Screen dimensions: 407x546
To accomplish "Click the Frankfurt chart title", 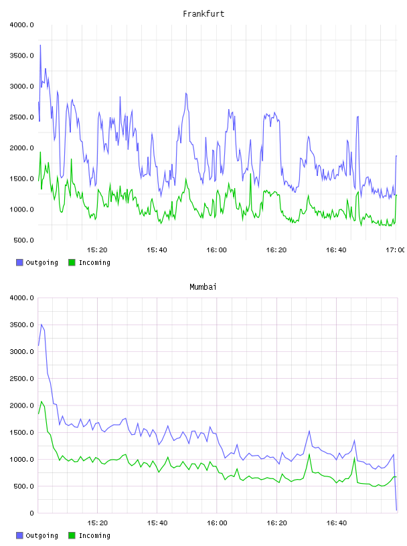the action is pos(203,14).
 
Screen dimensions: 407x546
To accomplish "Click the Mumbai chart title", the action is pos(203,287).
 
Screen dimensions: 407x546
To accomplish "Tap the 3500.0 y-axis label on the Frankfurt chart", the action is pos(22,56).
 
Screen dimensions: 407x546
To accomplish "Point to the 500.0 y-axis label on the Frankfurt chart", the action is pos(23,240).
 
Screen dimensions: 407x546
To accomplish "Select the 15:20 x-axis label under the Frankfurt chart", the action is pos(97,250).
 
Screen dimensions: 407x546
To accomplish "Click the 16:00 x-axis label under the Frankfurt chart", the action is pos(216,250).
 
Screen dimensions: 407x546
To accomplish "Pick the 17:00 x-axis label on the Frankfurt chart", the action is pos(395,250).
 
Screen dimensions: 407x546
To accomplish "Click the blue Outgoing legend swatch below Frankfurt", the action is pos(19,262).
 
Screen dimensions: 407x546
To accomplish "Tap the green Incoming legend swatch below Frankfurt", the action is pos(72,262).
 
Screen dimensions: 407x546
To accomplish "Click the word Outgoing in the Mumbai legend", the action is pos(42,535).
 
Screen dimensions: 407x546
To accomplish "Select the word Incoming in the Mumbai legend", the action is pos(94,535).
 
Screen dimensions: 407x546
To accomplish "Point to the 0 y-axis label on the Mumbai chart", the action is pos(31,513).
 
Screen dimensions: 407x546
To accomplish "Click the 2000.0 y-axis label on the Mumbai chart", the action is pos(22,405).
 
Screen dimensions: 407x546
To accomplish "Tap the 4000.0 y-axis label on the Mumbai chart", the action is pos(22,298).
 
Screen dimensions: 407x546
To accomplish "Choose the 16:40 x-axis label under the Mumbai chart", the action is pos(337,523).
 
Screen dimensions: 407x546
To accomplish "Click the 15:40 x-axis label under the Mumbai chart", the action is pos(157,523).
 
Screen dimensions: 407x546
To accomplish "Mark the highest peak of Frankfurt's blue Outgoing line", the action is pos(40,45).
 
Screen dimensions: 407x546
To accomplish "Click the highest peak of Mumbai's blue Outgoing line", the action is pos(42,325).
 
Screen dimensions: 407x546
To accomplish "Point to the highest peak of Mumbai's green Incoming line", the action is pos(42,401).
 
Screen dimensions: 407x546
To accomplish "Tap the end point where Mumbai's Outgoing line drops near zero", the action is pos(396,510).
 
